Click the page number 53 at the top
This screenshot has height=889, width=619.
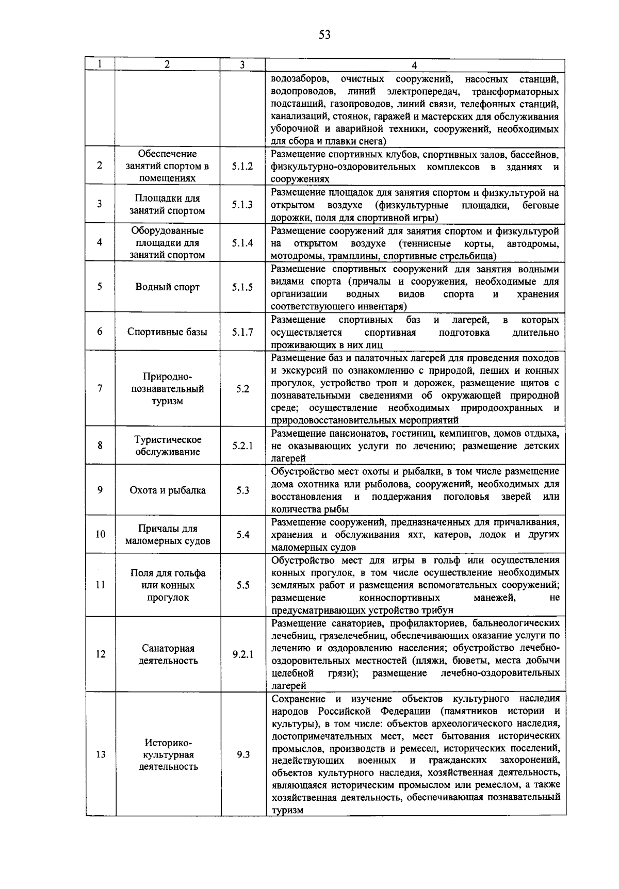324,35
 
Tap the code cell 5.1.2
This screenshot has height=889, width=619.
242,166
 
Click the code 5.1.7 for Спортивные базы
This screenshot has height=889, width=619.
242,332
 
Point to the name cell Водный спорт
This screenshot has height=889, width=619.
167,287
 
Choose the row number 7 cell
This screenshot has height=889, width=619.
100,389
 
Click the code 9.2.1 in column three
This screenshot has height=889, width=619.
242,654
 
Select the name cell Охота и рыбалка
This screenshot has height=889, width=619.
167,490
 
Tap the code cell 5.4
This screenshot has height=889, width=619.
243,535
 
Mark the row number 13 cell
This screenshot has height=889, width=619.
101,754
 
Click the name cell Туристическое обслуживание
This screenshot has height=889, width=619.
168,446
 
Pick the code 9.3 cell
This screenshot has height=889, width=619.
243,754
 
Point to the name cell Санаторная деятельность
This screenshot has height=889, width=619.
168,654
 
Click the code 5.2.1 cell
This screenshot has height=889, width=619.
242,446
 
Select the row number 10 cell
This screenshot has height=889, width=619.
101,535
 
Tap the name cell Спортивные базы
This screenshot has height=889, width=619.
167,332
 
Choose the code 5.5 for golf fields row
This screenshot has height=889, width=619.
243,585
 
